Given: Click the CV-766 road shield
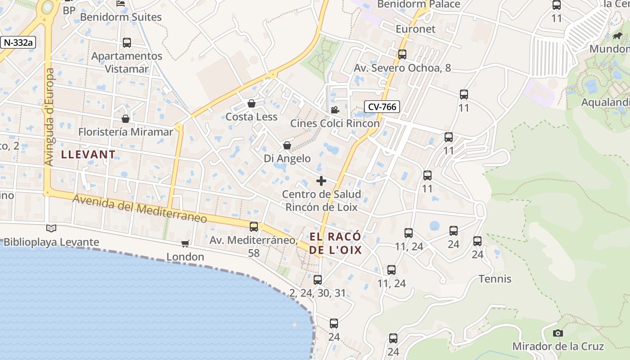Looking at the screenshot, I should pyautogui.click(x=382, y=107).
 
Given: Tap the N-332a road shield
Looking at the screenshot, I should pyautogui.click(x=18, y=42).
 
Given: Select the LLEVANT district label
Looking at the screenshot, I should pyautogui.click(x=88, y=154).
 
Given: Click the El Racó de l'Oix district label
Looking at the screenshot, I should pyautogui.click(x=335, y=243).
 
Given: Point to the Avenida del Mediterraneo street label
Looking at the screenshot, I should pyautogui.click(x=139, y=208).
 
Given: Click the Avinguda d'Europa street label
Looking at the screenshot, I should pyautogui.click(x=49, y=117).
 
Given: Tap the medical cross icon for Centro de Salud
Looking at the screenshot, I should pyautogui.click(x=321, y=181).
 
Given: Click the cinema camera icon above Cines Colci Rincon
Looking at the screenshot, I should pyautogui.click(x=335, y=110).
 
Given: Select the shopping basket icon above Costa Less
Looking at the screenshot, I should pyautogui.click(x=252, y=104).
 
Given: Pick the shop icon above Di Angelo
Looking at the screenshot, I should pyautogui.click(x=287, y=145).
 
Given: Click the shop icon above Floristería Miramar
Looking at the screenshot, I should pyautogui.click(x=126, y=119).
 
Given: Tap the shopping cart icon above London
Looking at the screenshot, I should pyautogui.click(x=185, y=244).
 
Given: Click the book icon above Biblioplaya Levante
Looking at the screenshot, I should pyautogui.click(x=51, y=229).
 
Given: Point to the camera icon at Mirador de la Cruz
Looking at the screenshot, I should pyautogui.click(x=558, y=333).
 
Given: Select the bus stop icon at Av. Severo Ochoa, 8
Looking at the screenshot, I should pyautogui.click(x=402, y=54).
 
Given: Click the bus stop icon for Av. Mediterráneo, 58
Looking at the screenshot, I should pyautogui.click(x=254, y=226).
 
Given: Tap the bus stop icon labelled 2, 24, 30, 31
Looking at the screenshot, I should pyautogui.click(x=318, y=280).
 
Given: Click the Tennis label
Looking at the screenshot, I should pyautogui.click(x=495, y=279).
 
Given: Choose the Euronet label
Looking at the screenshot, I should pyautogui.click(x=415, y=29).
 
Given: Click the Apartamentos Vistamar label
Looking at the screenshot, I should pyautogui.click(x=126, y=63).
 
